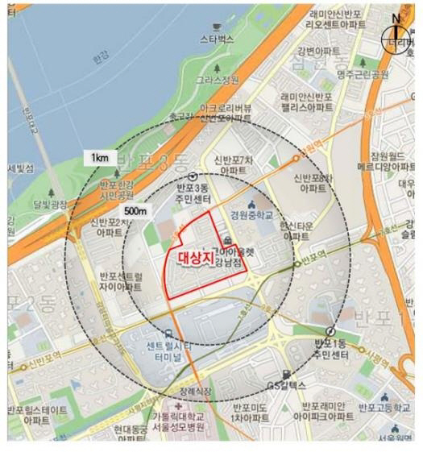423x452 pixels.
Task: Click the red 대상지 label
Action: (x=192, y=261)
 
